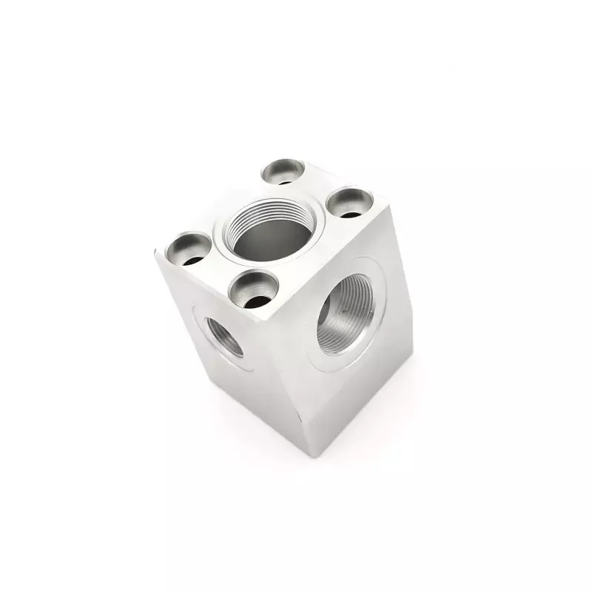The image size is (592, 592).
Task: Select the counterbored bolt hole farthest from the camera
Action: click(x=283, y=172)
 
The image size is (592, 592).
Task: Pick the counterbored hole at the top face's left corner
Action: click(x=188, y=249)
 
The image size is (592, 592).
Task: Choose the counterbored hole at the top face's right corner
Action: click(x=350, y=202)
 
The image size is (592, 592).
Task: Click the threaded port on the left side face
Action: click(x=224, y=336)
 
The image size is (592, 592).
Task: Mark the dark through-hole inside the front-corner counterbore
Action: click(x=258, y=300)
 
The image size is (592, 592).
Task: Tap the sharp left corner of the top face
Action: click(x=155, y=252)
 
